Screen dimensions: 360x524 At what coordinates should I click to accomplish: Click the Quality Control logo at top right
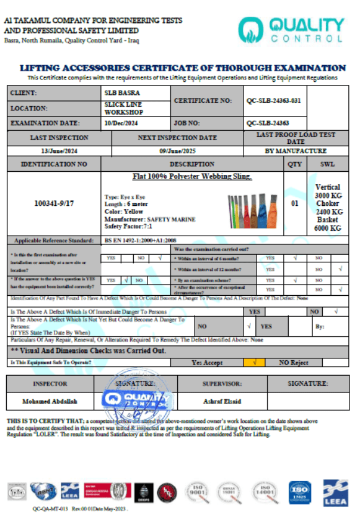(x=291, y=30)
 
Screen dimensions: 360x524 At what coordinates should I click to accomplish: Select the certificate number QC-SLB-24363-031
(x=273, y=100)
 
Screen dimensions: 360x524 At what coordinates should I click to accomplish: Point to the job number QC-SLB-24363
(x=267, y=123)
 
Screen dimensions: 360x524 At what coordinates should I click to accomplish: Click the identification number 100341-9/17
(x=55, y=203)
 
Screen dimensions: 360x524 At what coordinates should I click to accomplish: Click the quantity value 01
(x=295, y=203)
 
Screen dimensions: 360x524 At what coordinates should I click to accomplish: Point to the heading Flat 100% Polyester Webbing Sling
(x=192, y=177)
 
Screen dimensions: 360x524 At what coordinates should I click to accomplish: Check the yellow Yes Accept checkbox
(x=255, y=362)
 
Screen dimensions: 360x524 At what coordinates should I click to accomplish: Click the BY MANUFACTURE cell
(x=296, y=151)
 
